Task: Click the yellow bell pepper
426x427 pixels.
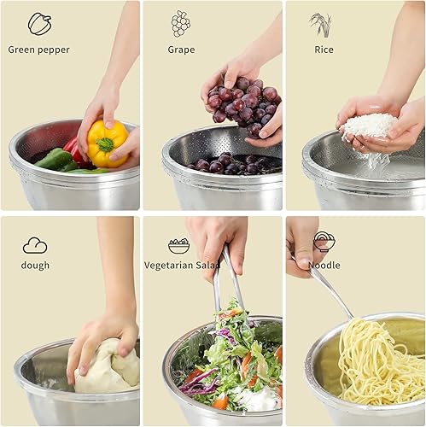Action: coord(106,143)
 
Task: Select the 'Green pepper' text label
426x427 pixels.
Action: coord(39,50)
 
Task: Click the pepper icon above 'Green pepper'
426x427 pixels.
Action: coord(39,23)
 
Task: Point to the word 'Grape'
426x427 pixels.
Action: coord(181,50)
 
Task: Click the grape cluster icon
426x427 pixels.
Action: coord(180,23)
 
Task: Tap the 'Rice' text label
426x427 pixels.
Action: coord(324,50)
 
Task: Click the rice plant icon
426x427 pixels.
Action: coord(321,24)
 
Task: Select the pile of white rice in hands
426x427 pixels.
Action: coord(369,126)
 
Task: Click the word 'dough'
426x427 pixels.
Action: coord(35,265)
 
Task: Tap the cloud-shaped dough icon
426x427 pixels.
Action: coord(35,245)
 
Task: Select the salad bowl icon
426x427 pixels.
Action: coord(179,245)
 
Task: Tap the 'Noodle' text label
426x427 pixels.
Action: coord(324,265)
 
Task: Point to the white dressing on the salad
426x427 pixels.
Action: coord(256,398)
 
